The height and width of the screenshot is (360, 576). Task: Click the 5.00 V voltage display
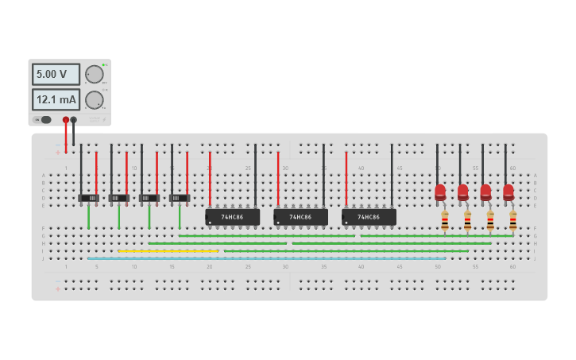click(56, 74)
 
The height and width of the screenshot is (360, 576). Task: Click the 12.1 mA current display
click(56, 99)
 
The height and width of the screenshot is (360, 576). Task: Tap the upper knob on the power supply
click(95, 75)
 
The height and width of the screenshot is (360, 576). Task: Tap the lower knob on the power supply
click(95, 100)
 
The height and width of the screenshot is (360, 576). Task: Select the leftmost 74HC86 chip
click(232, 216)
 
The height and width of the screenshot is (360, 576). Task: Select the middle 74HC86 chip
click(300, 216)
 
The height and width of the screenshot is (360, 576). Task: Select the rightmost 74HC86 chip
click(369, 216)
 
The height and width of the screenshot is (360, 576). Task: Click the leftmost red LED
click(440, 192)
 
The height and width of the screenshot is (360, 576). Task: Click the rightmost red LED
click(508, 192)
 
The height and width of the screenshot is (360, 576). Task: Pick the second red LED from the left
click(463, 192)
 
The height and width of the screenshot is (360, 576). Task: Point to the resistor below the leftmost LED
click(444, 221)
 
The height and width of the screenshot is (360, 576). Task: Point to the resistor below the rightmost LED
click(512, 221)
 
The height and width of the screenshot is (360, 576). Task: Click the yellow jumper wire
click(168, 251)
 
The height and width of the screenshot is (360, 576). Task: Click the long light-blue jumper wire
click(266, 258)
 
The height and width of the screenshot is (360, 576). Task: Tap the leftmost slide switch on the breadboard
click(88, 198)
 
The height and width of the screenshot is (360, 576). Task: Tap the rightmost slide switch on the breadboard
click(180, 198)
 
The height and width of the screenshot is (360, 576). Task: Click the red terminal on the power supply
click(66, 120)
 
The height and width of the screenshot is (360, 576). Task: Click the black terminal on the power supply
click(74, 120)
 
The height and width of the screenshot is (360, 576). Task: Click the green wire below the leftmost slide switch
click(88, 217)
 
